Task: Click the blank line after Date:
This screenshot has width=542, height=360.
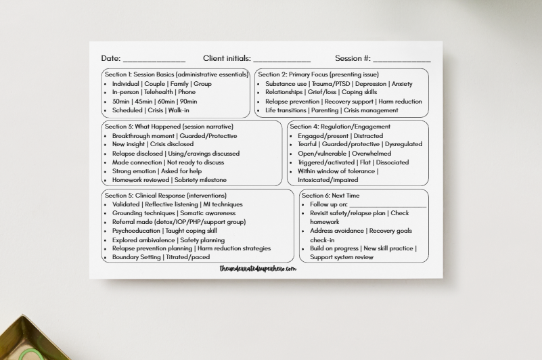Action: pyautogui.click(x=154, y=60)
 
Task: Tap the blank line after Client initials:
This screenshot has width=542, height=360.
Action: pyautogui.click(x=282, y=60)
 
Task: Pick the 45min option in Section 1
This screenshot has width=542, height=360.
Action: pyautogui.click(x=143, y=102)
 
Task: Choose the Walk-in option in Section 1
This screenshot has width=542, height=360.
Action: pyautogui.click(x=179, y=110)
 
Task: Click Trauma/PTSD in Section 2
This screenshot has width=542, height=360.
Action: pyautogui.click(x=330, y=84)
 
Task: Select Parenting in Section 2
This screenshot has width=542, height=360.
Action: pyautogui.click(x=325, y=110)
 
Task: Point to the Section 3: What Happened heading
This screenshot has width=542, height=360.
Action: pyautogui.click(x=169, y=127)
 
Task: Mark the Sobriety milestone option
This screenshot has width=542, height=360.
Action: pyautogui.click(x=200, y=180)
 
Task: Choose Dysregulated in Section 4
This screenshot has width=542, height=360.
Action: pyautogui.click(x=403, y=144)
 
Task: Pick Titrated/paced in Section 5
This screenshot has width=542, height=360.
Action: pyautogui.click(x=187, y=257)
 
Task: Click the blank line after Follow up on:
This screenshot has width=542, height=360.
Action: pyautogui.click(x=388, y=204)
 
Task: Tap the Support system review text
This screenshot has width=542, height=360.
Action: pyautogui.click(x=342, y=257)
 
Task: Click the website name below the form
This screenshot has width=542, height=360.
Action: pyautogui.click(x=258, y=269)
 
